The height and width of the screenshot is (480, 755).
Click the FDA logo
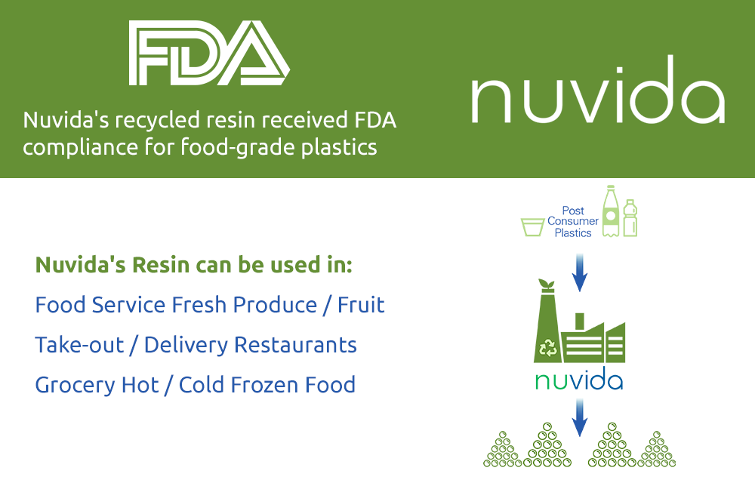(209, 53)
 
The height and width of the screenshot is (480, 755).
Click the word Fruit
(361, 305)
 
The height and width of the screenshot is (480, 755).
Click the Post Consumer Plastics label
(573, 222)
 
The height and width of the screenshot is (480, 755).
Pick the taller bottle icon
(609, 212)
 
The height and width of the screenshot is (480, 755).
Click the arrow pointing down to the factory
(579, 272)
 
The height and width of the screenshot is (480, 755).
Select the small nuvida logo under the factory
(579, 379)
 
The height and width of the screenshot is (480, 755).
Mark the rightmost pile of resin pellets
(657, 451)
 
